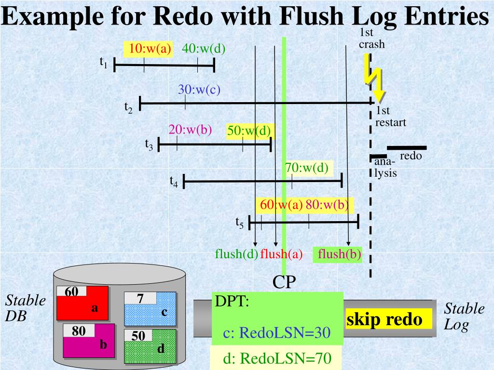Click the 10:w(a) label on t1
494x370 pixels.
[150, 49]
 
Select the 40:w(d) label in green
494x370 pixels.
[204, 49]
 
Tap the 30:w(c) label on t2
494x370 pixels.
[199, 90]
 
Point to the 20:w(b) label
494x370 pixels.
[190, 130]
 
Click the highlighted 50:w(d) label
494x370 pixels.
[249, 131]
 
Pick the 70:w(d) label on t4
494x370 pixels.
[307, 168]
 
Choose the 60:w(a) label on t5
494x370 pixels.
[281, 205]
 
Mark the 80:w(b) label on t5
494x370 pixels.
[327, 205]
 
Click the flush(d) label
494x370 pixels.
[236, 254]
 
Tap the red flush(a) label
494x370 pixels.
[281, 254]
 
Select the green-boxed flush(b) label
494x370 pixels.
[339, 254]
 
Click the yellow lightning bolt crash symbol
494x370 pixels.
[374, 78]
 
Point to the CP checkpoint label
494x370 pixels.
[284, 282]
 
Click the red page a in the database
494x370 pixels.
[82, 304]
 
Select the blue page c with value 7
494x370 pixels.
[150, 309]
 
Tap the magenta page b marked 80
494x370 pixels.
[89, 341]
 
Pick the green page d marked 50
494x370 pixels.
[150, 346]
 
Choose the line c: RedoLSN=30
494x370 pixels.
[276, 333]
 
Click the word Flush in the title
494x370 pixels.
[311, 16]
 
